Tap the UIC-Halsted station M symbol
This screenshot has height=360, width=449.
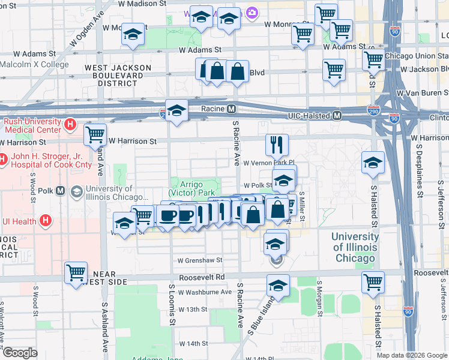(x=337, y=115)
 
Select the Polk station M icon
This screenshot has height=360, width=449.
(x=60, y=191)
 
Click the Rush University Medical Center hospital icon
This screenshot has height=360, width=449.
(x=70, y=125)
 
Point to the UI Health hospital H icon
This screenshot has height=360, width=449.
(x=45, y=221)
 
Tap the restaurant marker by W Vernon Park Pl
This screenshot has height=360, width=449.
(x=277, y=144)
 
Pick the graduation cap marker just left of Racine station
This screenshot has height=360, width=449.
(x=176, y=110)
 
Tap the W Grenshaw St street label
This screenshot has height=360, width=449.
(x=200, y=260)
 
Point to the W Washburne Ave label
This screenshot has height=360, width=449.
(x=205, y=292)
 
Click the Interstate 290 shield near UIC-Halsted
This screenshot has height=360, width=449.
(x=373, y=111)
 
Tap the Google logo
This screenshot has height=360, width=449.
(x=20, y=353)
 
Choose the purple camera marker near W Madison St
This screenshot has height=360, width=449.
(x=252, y=13)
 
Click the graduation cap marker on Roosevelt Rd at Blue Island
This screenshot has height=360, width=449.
(x=278, y=286)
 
